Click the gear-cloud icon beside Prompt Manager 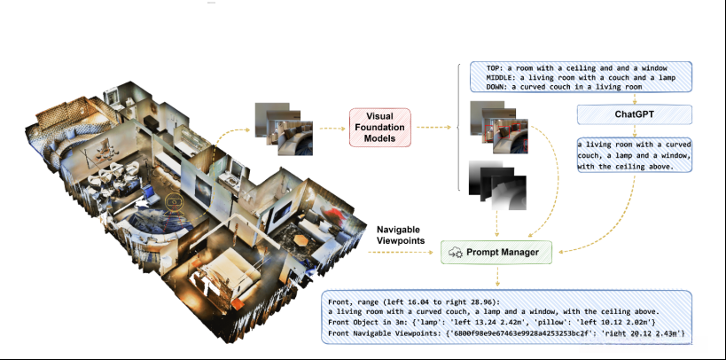point(458,252)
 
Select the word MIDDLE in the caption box point(501,77)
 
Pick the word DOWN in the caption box point(497,87)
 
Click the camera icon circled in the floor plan point(175,202)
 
